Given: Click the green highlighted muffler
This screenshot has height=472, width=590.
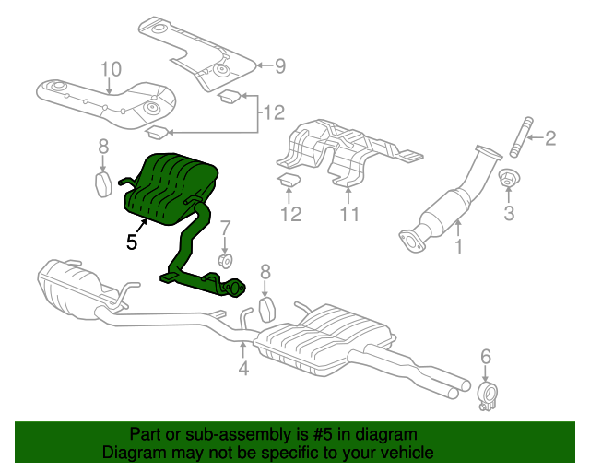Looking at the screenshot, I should coord(173,189).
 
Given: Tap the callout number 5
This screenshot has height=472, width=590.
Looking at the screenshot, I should coord(132,243).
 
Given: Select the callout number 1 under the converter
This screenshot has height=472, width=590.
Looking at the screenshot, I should coord(457,246).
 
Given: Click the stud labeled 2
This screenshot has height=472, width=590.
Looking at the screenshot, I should coord(518,138).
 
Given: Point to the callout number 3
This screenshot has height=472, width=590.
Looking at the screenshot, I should coord(508,215).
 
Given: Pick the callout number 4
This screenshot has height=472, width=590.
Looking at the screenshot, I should coord(242,370).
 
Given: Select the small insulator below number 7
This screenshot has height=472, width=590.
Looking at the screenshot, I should coord(224,255).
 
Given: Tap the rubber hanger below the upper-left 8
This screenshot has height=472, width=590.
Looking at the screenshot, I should coord(104,183).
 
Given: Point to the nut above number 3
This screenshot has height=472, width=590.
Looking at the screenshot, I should coord(507,179).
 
